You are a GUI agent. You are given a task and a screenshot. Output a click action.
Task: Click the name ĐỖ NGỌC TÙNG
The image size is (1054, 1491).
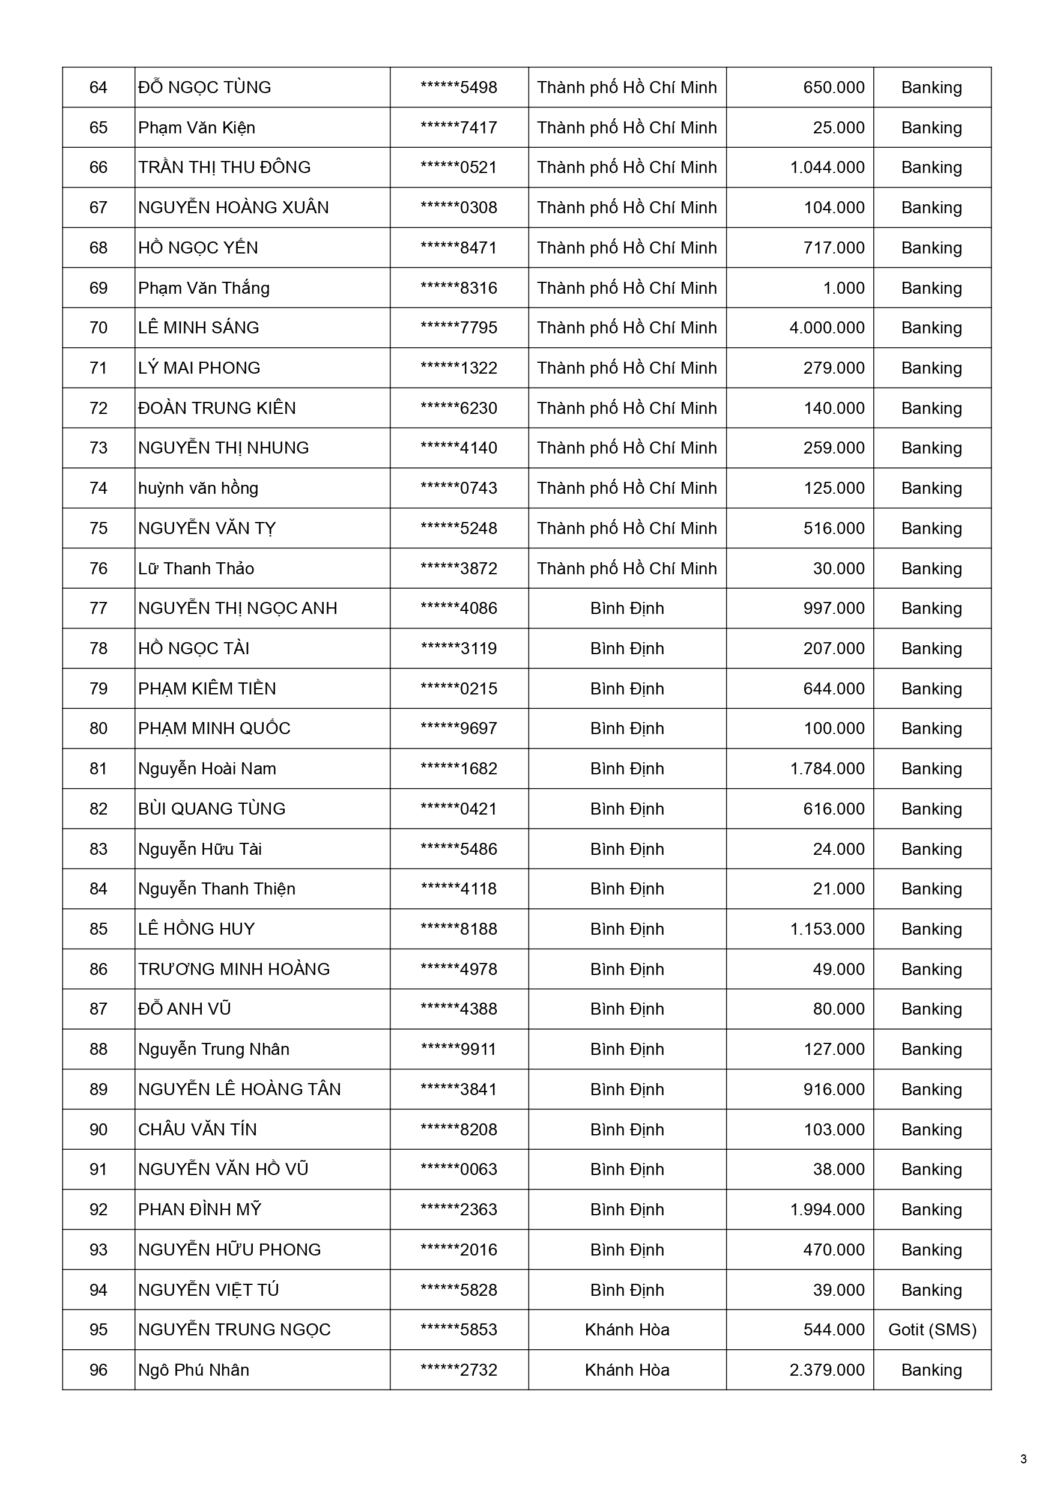(x=205, y=88)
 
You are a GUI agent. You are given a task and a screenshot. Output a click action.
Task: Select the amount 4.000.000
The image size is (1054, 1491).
(x=827, y=328)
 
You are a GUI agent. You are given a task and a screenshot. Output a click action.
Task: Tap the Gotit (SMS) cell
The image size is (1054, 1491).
(x=932, y=1330)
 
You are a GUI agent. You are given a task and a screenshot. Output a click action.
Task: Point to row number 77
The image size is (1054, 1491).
(x=98, y=609)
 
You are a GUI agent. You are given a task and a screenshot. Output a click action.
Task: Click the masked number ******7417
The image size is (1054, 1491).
(x=458, y=128)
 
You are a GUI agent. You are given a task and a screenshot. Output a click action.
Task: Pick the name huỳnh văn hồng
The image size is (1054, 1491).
(x=198, y=488)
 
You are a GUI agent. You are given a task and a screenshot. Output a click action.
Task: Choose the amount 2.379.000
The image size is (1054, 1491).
(x=827, y=1370)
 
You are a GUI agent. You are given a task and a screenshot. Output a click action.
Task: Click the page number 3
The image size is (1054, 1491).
(x=1023, y=1460)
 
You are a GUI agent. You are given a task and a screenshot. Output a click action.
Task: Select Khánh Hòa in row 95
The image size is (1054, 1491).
(x=626, y=1330)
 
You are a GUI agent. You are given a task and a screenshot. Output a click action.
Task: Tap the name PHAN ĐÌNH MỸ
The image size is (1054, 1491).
(x=199, y=1210)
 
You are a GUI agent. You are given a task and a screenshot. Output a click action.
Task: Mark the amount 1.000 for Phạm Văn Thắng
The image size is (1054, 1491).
(x=844, y=288)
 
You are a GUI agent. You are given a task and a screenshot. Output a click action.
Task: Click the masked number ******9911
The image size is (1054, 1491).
(x=458, y=1049)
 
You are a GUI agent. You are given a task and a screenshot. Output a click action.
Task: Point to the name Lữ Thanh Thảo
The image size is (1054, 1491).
(x=196, y=569)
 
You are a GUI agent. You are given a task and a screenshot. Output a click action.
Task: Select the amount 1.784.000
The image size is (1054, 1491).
(x=827, y=769)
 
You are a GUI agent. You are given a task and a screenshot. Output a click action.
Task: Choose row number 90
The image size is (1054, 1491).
(x=98, y=1130)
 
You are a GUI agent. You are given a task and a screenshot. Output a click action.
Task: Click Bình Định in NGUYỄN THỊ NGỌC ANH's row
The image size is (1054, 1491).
(x=626, y=609)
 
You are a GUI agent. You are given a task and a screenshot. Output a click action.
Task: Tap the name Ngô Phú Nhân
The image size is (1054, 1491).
(x=193, y=1370)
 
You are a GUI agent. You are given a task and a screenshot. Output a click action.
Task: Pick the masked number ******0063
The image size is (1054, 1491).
(x=458, y=1170)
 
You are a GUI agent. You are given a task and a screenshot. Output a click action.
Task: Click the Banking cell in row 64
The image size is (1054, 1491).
(x=931, y=88)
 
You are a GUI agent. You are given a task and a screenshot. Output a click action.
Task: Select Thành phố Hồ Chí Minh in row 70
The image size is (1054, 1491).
(x=626, y=328)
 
